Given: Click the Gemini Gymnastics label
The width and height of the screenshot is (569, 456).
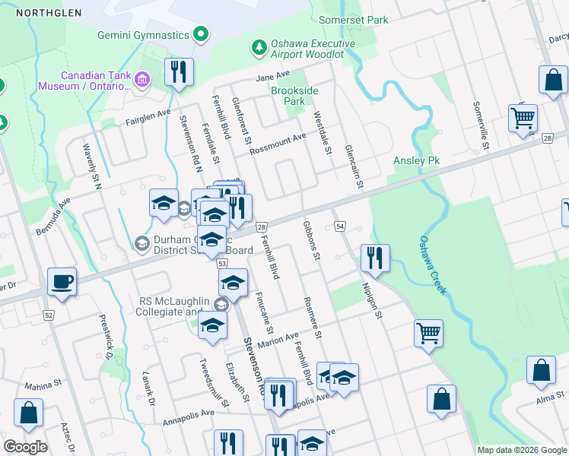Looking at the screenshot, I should (143, 36).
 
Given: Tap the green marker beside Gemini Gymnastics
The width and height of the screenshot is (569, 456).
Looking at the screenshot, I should (201, 34).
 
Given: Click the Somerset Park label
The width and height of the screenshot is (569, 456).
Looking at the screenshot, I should (354, 20).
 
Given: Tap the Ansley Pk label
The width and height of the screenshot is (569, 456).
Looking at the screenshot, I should (417, 161).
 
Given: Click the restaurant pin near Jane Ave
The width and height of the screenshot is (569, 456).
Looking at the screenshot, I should (180, 72).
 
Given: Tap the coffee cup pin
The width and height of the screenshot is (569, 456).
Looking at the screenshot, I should (62, 281).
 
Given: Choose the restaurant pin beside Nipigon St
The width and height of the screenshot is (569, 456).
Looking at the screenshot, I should (375, 258).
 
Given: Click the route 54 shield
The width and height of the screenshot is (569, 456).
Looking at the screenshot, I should (339, 227).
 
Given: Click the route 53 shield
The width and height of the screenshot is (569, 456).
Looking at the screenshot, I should (222, 263).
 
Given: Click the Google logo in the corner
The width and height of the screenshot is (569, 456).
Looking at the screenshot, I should (25, 447).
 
